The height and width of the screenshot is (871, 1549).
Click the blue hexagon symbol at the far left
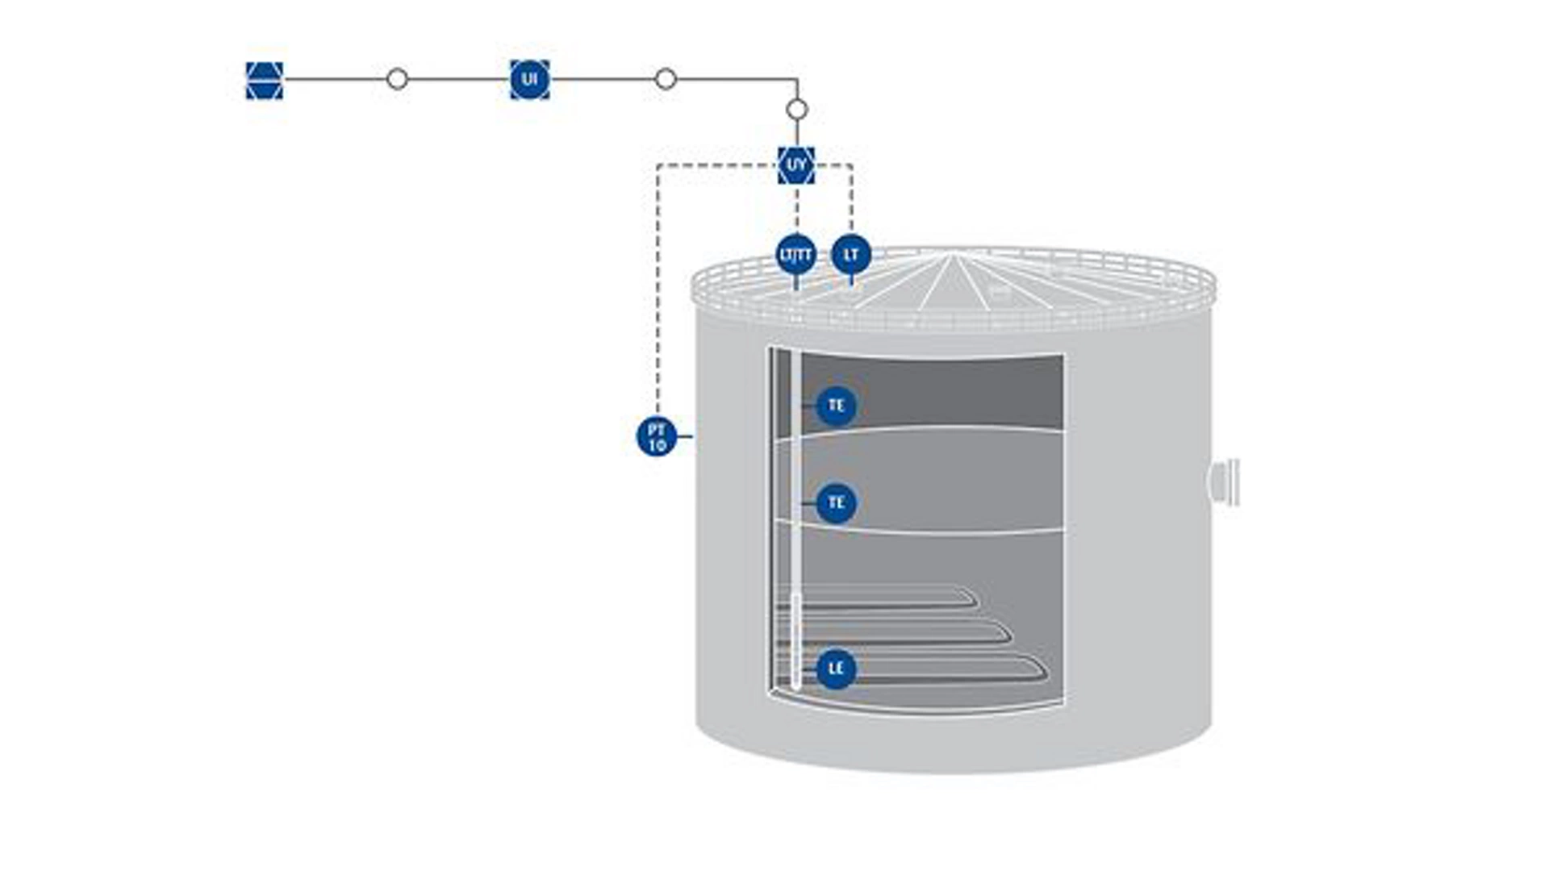pos(265,80)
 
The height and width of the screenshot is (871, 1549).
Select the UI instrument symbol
pos(530,80)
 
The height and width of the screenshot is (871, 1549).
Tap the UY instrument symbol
pos(796,165)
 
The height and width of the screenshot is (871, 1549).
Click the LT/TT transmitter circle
pos(796,255)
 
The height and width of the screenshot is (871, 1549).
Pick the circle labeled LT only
pos(851,255)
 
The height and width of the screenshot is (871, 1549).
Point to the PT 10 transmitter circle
pos(657,436)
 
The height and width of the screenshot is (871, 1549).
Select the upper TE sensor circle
pos(836,405)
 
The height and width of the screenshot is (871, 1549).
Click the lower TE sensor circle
pos(836,503)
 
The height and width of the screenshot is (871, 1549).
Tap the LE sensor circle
pos(836,669)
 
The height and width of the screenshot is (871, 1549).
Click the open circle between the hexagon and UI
pos(397,79)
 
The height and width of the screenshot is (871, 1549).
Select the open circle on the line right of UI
pos(666,79)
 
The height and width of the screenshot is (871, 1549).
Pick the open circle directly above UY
pos(797,109)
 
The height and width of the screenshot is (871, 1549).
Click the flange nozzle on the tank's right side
pos(1225,482)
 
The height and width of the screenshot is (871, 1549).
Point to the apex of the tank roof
pos(953,256)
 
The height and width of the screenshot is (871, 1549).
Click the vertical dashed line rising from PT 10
pos(658,290)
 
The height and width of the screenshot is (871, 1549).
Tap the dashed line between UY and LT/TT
pos(797,210)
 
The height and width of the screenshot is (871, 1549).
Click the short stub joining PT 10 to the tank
pos(685,436)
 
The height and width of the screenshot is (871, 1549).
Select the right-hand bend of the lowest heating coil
pos(1044,669)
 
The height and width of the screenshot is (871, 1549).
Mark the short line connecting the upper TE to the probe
pos(808,405)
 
